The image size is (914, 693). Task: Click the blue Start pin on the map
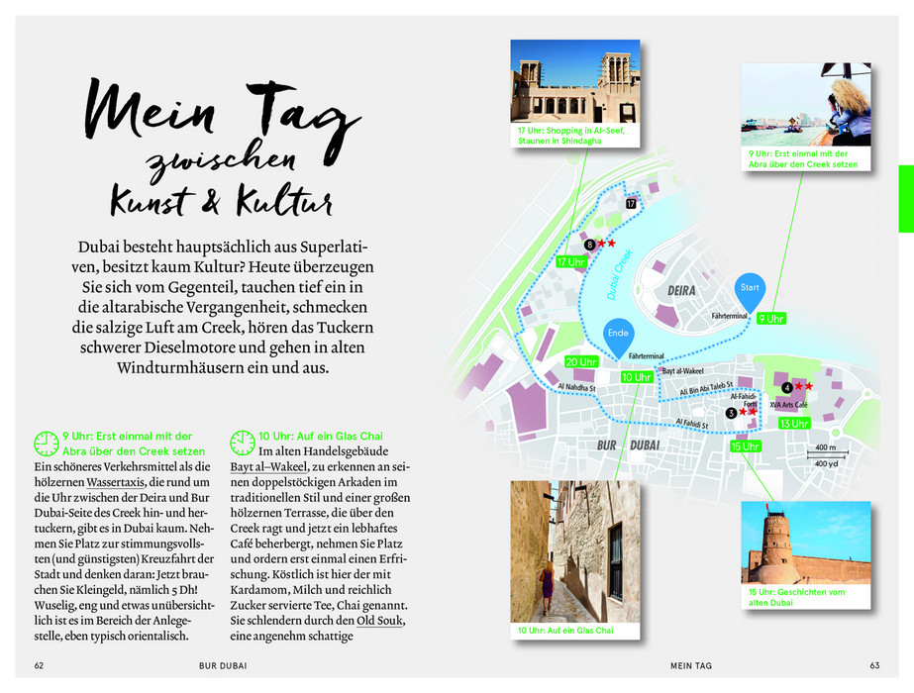coord(750,288)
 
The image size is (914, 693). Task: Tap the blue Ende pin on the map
coord(619,336)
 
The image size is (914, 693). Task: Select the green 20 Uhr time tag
coord(582,361)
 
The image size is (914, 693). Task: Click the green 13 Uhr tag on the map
coord(794,423)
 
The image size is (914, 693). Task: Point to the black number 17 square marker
coord(631,203)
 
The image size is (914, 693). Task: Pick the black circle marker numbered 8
coord(590,244)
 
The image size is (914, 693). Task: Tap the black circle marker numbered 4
coord(787,387)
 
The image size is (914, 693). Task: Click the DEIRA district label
coord(681,291)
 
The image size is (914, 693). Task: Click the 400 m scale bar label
coord(826,447)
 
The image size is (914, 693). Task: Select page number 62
coord(40,665)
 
